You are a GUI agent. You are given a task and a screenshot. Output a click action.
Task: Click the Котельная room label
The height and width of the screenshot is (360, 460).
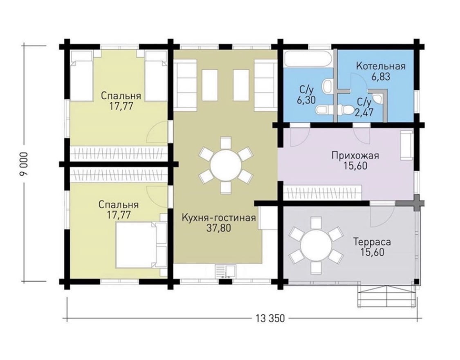(x=381, y=66)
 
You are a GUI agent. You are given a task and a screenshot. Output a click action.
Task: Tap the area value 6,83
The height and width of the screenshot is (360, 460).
(x=381, y=77)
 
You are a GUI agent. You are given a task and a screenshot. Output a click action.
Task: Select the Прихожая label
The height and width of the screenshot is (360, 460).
(x=355, y=155)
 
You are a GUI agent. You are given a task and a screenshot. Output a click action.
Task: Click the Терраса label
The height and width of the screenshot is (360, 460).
(x=372, y=242)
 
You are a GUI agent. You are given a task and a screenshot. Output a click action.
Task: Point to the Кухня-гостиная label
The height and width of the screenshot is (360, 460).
(x=219, y=218)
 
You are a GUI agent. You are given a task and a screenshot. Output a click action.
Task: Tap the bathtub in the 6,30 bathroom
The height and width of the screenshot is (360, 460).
(x=309, y=58)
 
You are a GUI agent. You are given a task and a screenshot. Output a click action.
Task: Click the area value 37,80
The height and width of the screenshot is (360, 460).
(x=219, y=228)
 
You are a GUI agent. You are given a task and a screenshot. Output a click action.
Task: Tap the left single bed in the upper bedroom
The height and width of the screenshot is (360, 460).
(x=81, y=76)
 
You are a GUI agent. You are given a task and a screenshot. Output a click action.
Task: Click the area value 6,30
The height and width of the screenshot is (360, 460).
(x=306, y=100)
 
